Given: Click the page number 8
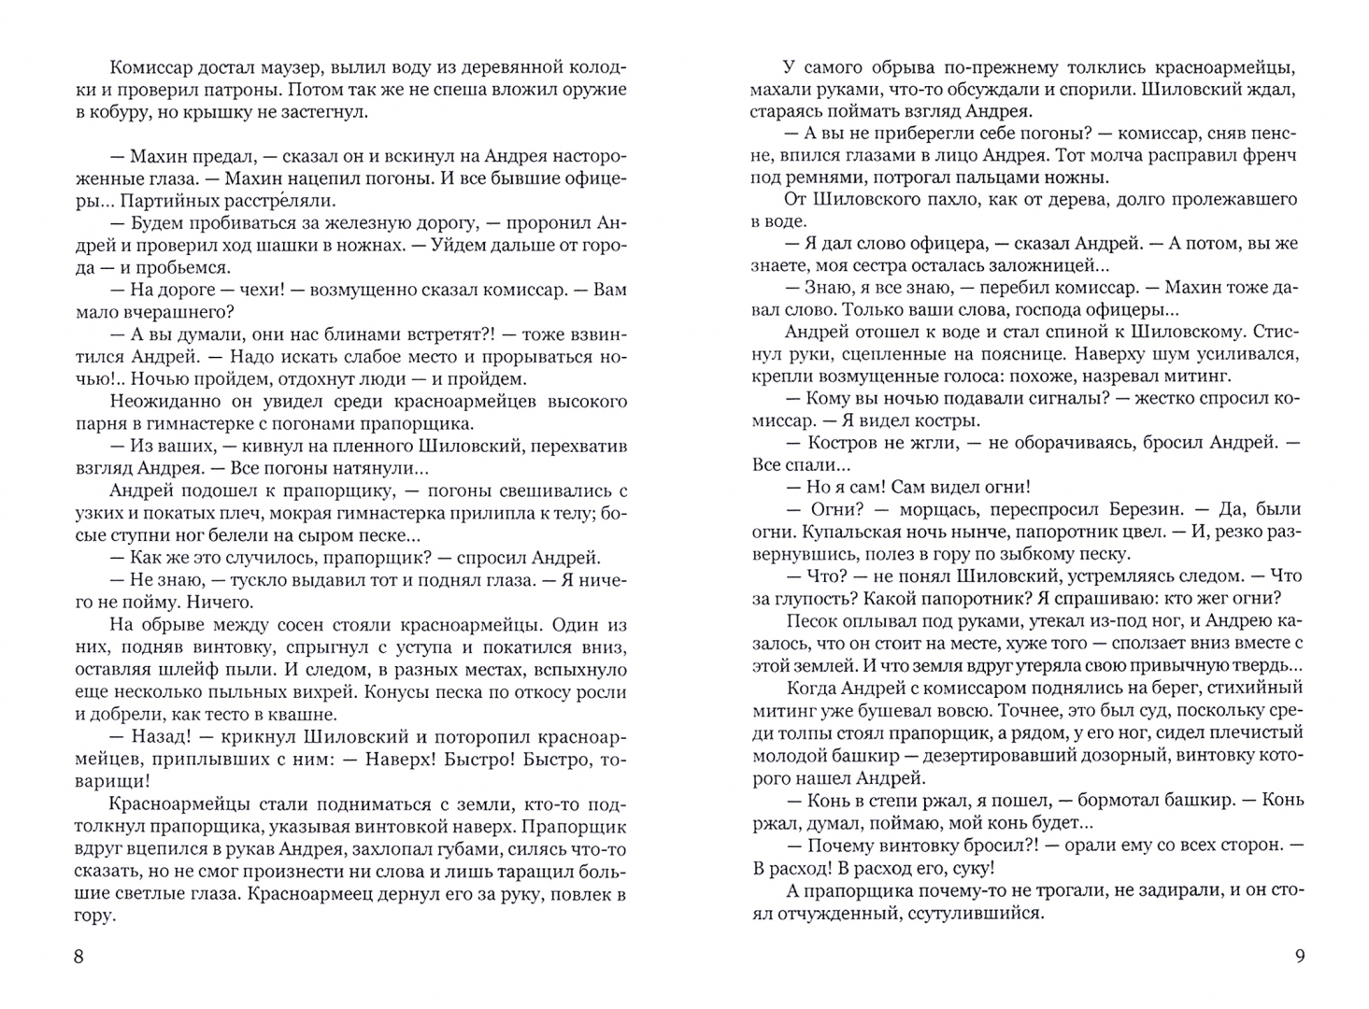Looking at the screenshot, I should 78,956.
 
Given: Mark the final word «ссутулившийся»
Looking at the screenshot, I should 976,913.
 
